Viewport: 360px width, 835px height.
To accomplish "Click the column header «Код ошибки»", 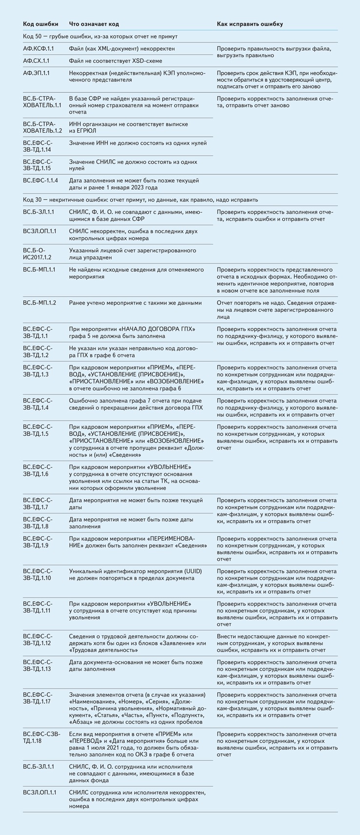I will tap(40, 24).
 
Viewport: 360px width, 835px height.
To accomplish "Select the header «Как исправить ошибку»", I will tap(249, 24).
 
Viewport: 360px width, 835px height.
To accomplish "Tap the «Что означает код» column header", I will tap(94, 24).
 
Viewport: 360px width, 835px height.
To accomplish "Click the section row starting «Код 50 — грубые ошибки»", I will tap(100, 36).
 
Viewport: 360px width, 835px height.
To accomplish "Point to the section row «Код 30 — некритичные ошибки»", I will tap(140, 200).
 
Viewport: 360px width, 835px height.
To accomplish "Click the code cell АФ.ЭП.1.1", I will tap(40, 73).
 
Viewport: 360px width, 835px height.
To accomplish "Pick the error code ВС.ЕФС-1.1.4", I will tap(40, 180).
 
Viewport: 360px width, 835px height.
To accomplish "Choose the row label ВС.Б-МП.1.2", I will tap(40, 303).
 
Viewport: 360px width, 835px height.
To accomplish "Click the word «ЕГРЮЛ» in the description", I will tap(86, 131).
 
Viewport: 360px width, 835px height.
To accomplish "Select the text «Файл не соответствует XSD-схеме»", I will tap(115, 61).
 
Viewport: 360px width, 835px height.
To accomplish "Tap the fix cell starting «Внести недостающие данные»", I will tap(277, 643).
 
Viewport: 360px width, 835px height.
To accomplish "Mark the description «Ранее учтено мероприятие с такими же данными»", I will tap(135, 303).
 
